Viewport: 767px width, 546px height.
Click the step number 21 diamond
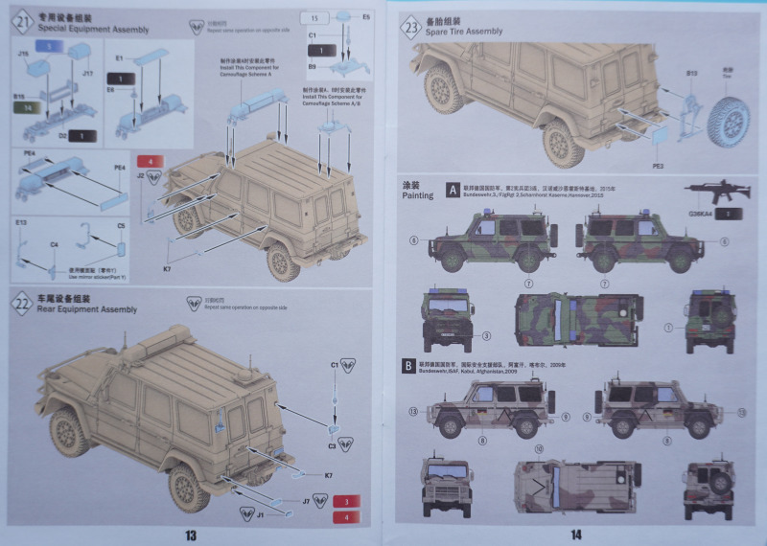[24, 21]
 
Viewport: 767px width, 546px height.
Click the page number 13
[191, 534]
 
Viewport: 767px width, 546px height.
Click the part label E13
[21, 223]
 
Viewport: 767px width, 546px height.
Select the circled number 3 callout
[486, 336]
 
